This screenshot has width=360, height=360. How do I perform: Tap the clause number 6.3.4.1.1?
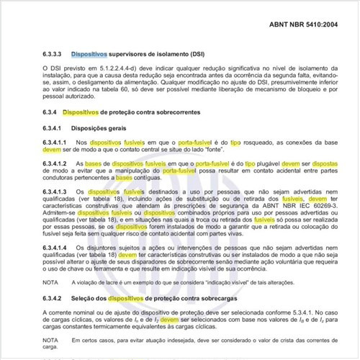click(x=54, y=143)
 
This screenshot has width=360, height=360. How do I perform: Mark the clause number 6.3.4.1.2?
click(x=54, y=165)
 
